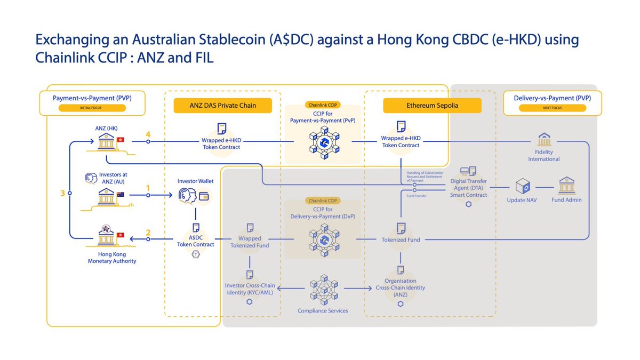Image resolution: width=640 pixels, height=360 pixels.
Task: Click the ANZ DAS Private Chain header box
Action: [223, 106]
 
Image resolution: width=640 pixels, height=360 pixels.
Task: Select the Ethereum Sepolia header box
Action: [432, 106]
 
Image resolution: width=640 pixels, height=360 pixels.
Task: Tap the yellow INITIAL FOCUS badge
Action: [92, 108]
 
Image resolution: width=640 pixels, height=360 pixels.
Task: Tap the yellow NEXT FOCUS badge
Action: [552, 108]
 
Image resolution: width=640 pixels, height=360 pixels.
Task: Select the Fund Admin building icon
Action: [566, 186]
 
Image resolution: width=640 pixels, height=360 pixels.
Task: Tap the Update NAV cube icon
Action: [522, 186]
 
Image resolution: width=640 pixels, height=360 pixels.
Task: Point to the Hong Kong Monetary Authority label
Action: [112, 257]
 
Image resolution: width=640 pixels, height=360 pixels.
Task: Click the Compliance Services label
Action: [323, 310]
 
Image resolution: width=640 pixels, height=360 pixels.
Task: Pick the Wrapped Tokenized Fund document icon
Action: [250, 228]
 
